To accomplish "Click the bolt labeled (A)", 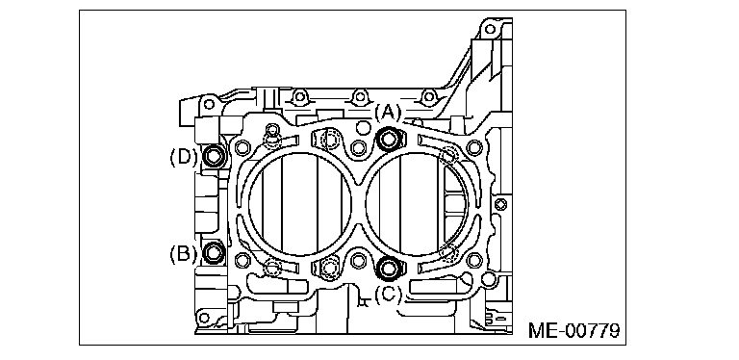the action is click(390, 139).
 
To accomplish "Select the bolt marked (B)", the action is click(214, 252).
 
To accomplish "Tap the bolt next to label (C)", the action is click(390, 269).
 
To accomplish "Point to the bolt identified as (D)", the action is click(214, 156).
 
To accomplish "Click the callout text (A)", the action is click(390, 113).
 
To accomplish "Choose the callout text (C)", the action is click(390, 295).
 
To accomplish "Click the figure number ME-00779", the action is click(574, 330).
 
